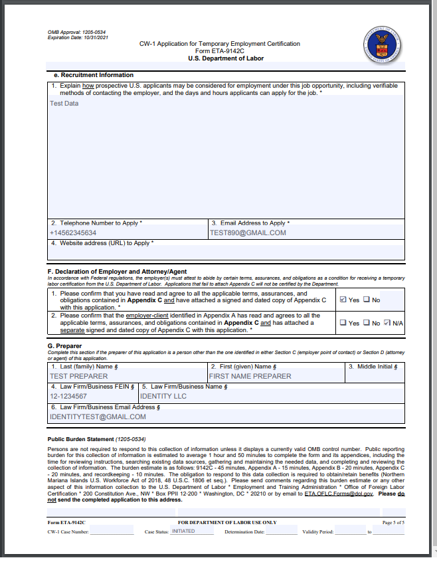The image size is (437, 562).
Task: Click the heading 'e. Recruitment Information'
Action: click(93, 75)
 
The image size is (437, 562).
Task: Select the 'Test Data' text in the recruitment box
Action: click(64, 104)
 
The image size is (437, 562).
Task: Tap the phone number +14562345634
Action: click(73, 233)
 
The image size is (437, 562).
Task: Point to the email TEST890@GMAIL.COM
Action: click(248, 233)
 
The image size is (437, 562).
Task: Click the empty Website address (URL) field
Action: click(226, 253)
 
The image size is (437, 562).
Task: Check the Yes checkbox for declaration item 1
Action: click(343, 300)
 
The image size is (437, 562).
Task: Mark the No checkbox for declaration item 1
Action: click(367, 300)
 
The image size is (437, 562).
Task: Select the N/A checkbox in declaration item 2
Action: click(387, 323)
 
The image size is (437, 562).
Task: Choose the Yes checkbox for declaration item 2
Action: click(343, 323)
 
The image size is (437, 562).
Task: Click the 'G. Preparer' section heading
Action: click(64, 346)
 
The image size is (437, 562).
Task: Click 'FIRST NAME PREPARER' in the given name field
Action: click(250, 376)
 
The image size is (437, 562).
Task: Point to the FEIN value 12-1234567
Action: click(68, 397)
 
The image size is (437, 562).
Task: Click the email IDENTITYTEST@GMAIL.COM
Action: click(98, 417)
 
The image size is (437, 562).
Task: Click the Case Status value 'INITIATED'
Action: click(184, 531)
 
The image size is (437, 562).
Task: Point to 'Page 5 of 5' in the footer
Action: click(393, 523)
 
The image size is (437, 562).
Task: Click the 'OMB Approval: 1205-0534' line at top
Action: click(76, 31)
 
